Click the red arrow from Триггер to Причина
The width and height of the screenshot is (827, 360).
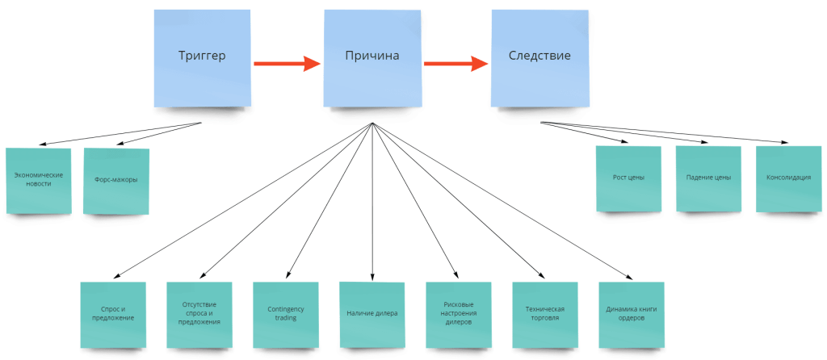pos(287,63)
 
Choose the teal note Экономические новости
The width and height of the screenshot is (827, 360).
pos(39,180)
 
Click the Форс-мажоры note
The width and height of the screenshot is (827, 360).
pos(115,180)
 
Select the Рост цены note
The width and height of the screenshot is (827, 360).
pos(628,178)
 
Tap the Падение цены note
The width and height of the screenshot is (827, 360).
pos(707,178)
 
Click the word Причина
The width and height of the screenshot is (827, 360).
pos(372,57)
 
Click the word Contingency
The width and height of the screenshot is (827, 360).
pos(285,308)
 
